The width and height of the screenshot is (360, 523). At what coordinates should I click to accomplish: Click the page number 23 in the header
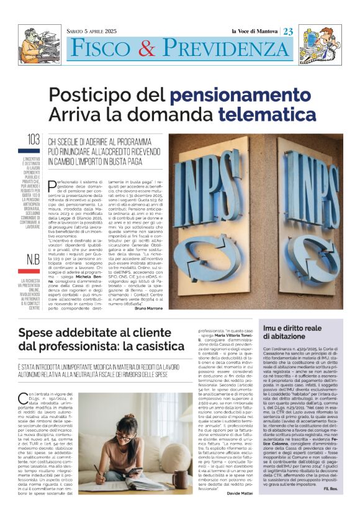tap(288, 31)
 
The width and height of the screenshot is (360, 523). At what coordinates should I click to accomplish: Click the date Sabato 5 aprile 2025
tap(91, 32)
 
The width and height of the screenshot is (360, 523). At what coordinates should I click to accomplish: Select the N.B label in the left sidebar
tap(34, 260)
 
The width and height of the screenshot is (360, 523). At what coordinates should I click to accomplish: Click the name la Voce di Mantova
tap(256, 32)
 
